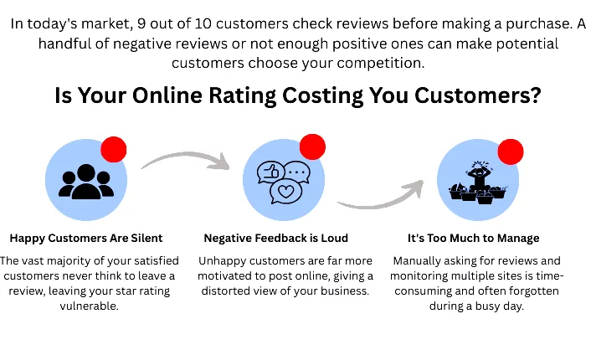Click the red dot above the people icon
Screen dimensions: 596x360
(x=114, y=149)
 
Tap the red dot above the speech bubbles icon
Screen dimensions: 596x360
(x=312, y=147)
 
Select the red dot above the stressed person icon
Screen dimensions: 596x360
(x=511, y=152)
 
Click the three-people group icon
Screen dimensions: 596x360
(x=86, y=182)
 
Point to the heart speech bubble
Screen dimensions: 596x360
(x=285, y=193)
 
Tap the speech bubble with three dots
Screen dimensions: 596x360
(x=298, y=172)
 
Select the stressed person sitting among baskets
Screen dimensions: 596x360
(x=478, y=183)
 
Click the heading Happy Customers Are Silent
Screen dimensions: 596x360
(x=86, y=239)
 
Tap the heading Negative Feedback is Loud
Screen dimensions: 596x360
(x=276, y=239)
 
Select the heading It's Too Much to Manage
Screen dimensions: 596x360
(x=474, y=239)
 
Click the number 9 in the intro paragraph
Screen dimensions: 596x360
(x=141, y=24)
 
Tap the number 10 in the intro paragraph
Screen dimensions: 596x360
(x=203, y=24)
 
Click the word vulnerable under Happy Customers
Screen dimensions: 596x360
(x=89, y=306)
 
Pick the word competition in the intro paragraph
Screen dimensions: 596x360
(x=381, y=63)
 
